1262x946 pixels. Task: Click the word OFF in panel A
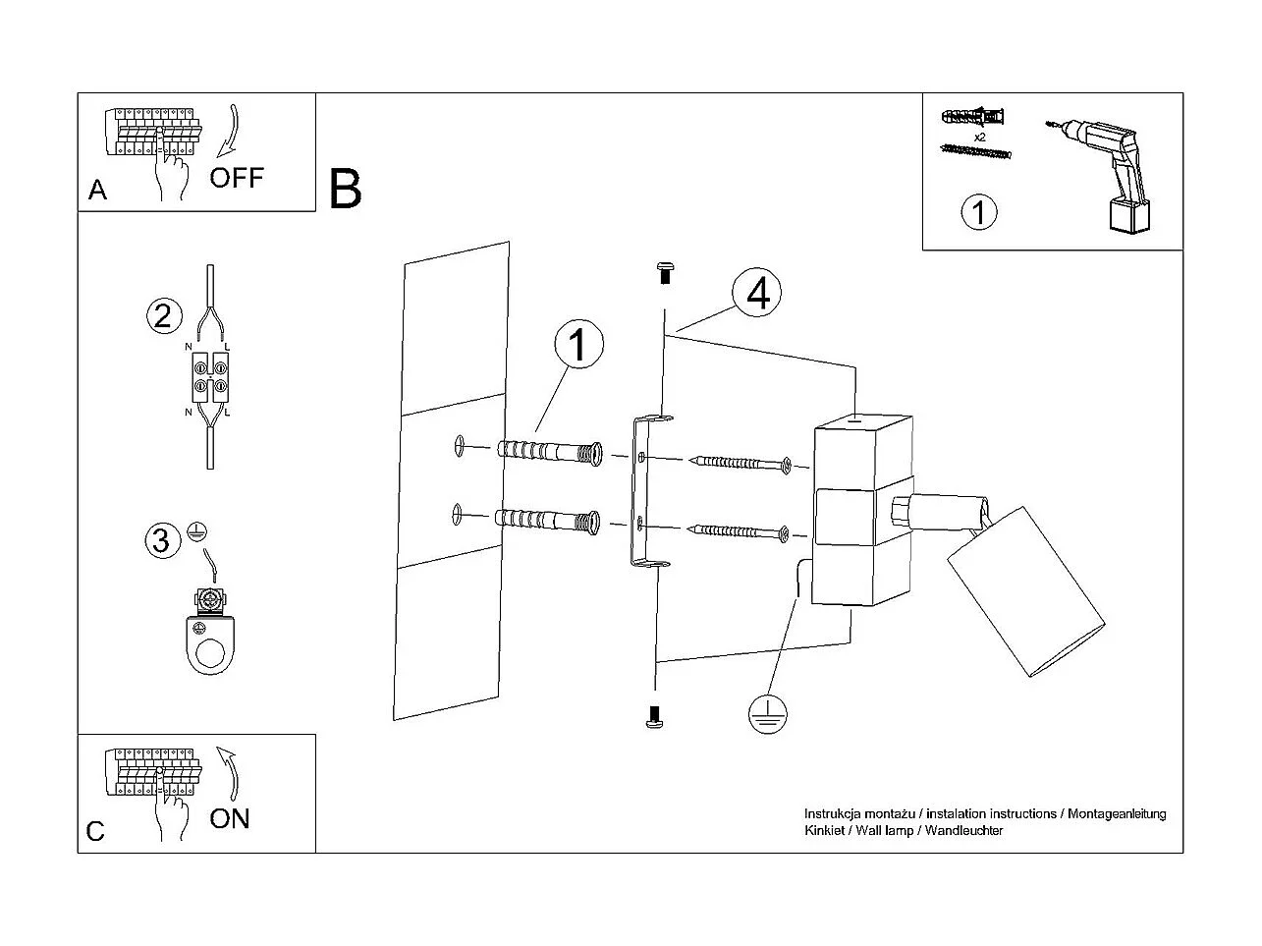237,178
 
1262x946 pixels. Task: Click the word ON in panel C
230,818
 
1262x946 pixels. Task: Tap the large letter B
346,189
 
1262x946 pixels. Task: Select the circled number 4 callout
757,294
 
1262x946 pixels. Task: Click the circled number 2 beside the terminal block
163,315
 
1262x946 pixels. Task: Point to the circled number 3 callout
162,540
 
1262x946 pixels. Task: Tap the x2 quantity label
980,137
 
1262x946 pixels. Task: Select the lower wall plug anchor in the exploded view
549,521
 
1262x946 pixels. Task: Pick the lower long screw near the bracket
741,532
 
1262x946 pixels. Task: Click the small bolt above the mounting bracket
665,272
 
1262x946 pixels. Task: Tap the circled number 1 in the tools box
978,212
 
